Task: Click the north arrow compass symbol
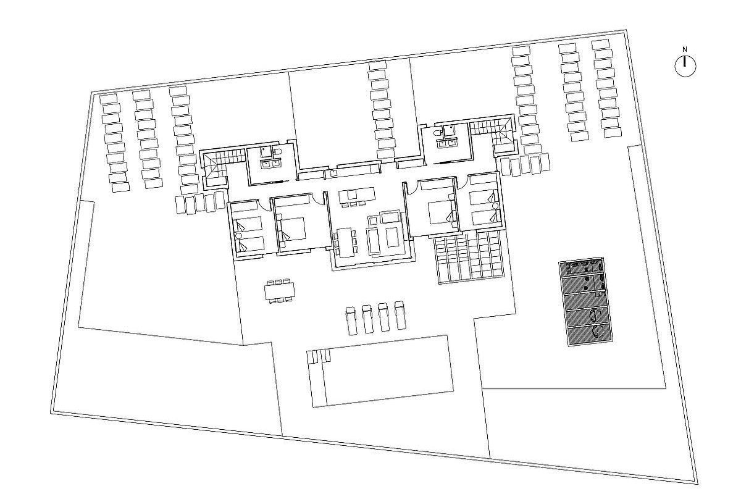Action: coord(685,65)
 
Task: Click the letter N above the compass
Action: coord(685,49)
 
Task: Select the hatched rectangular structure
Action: coord(586,302)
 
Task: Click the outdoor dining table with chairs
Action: coord(280,291)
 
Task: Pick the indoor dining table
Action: coord(345,241)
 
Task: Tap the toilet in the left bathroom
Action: coord(277,153)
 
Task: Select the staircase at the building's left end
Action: coord(217,166)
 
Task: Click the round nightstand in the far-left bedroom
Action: coord(239,236)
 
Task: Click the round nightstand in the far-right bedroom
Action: coord(495,205)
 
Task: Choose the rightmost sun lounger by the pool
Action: coord(400,316)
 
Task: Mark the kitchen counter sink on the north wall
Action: coord(333,174)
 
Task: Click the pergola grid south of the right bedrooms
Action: coord(470,259)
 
